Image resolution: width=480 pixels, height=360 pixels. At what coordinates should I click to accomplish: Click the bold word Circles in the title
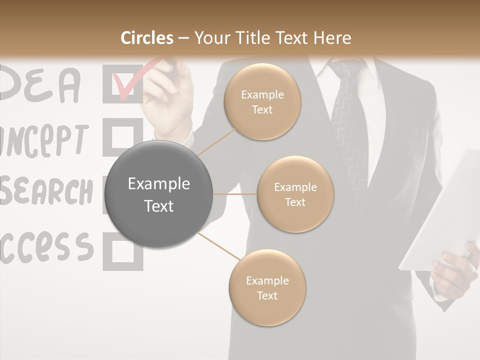pyautogui.click(x=147, y=38)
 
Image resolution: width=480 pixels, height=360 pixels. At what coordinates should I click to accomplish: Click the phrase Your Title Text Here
pyautogui.click(x=272, y=38)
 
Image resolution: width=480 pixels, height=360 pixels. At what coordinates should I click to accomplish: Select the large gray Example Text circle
pyautogui.click(x=159, y=194)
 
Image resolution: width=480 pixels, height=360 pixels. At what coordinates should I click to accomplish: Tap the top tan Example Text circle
pyautogui.click(x=262, y=102)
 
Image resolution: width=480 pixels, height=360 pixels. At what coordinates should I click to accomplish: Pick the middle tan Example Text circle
pyautogui.click(x=295, y=194)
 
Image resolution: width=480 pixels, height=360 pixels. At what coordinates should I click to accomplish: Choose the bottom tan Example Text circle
pyautogui.click(x=267, y=288)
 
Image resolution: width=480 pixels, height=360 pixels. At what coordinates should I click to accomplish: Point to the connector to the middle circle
pyautogui.click(x=235, y=194)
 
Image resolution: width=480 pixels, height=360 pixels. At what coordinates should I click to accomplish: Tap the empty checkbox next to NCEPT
pyautogui.click(x=122, y=136)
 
